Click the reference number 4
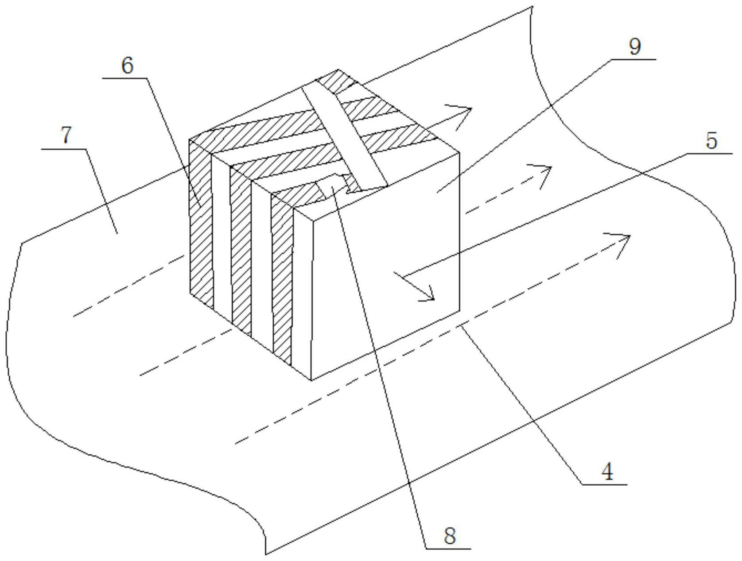[608, 472]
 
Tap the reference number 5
[711, 141]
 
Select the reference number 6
[127, 66]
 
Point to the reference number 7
[66, 135]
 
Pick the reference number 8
[449, 536]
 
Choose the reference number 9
[635, 46]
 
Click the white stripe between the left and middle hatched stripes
[221, 235]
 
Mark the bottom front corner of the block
[311, 380]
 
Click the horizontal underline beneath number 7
[64, 149]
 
